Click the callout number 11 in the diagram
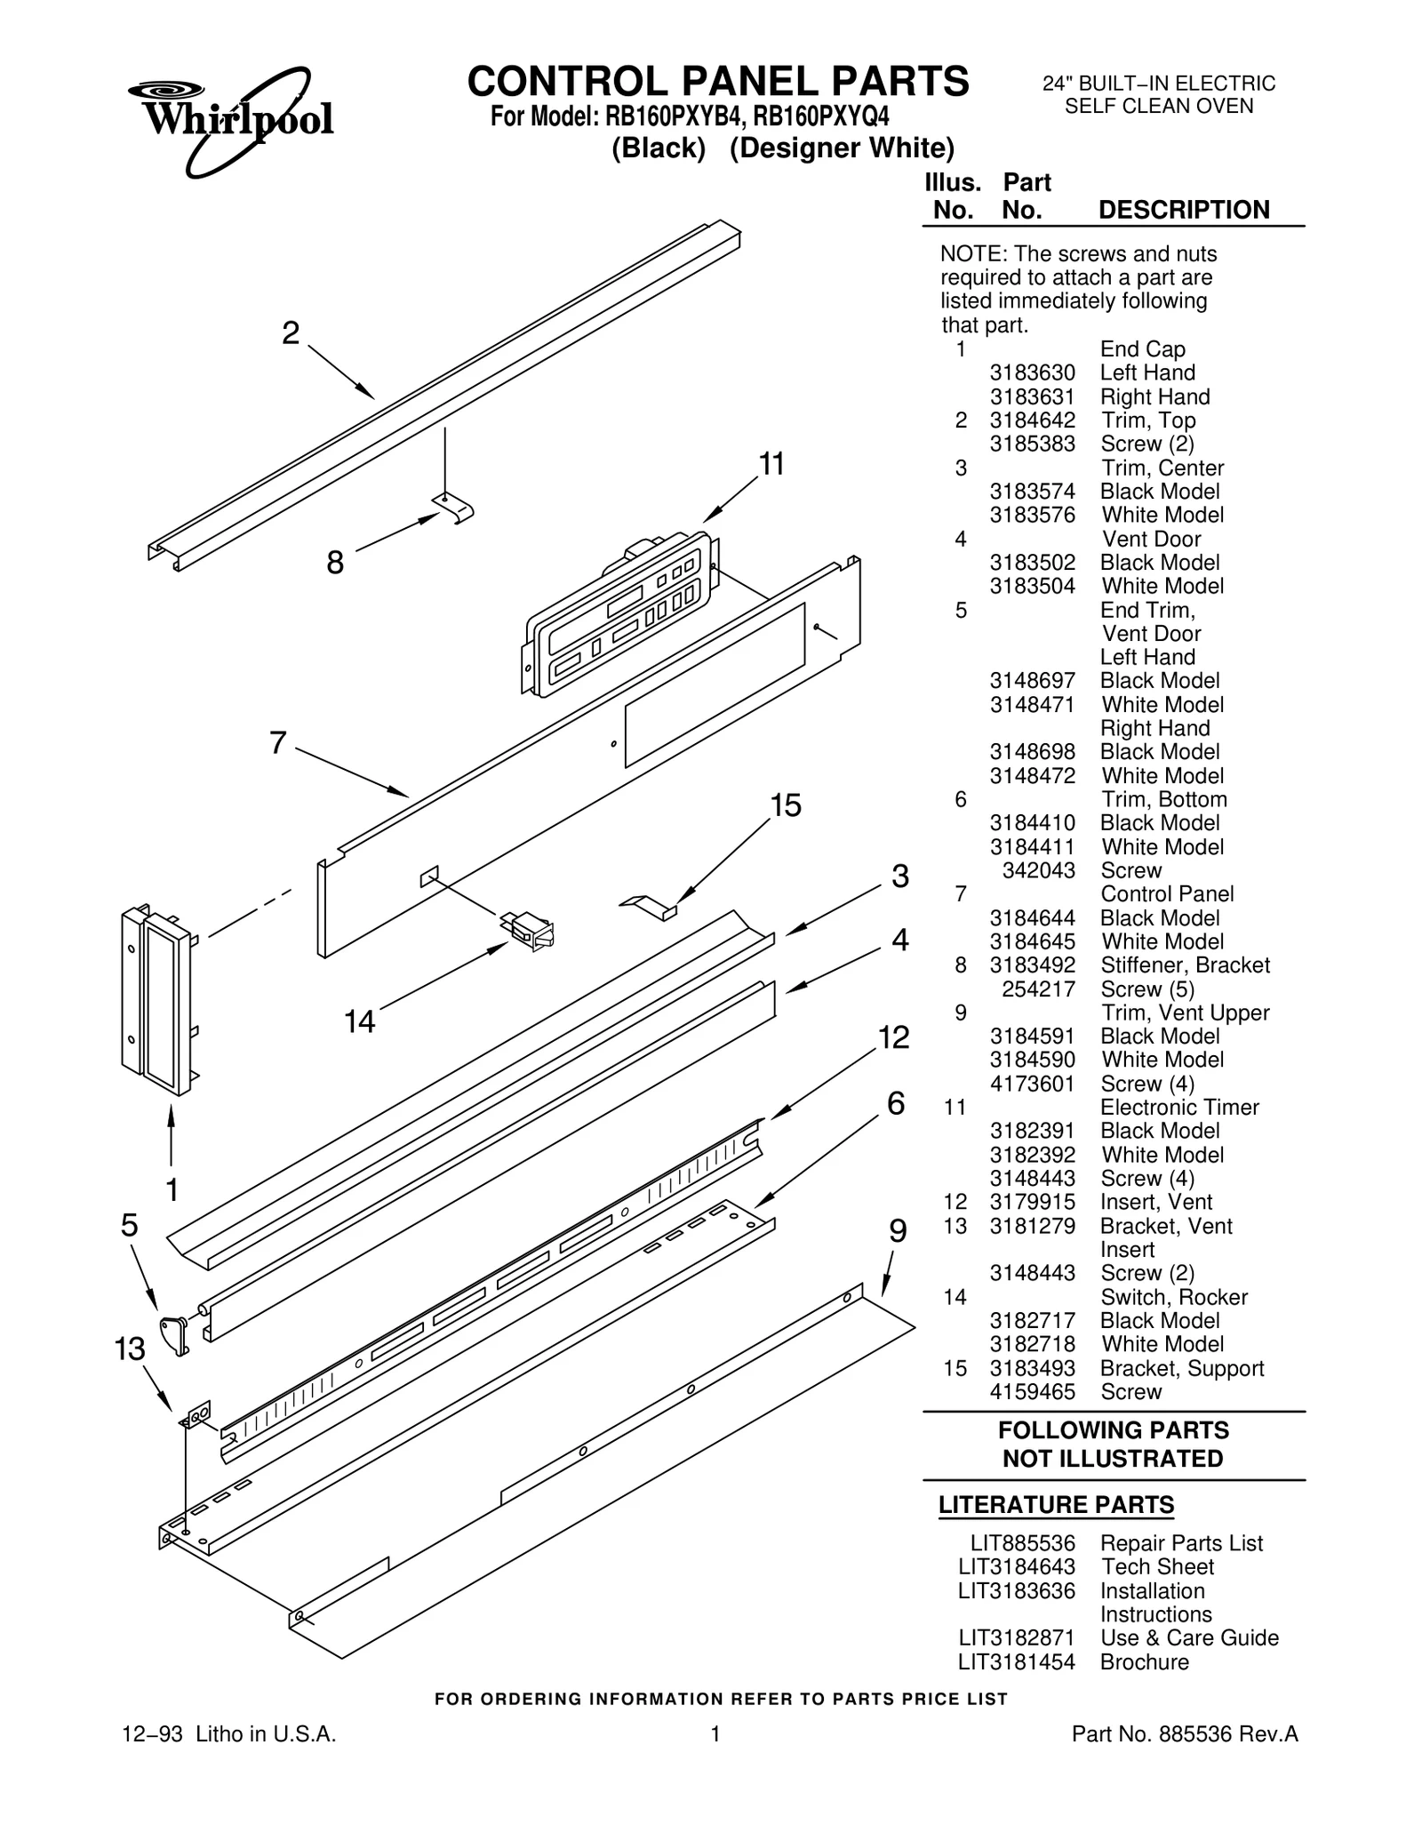point(771,464)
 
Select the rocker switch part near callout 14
point(531,930)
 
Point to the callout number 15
point(786,805)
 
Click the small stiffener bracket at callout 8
point(456,508)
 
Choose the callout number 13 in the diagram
point(130,1349)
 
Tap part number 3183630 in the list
point(1032,373)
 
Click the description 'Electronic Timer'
point(1179,1108)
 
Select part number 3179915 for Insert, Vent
point(1032,1202)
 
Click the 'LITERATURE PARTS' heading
point(1056,1505)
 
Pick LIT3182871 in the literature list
point(1017,1637)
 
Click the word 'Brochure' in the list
point(1144,1661)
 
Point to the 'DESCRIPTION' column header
point(1184,210)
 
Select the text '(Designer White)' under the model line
point(842,148)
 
